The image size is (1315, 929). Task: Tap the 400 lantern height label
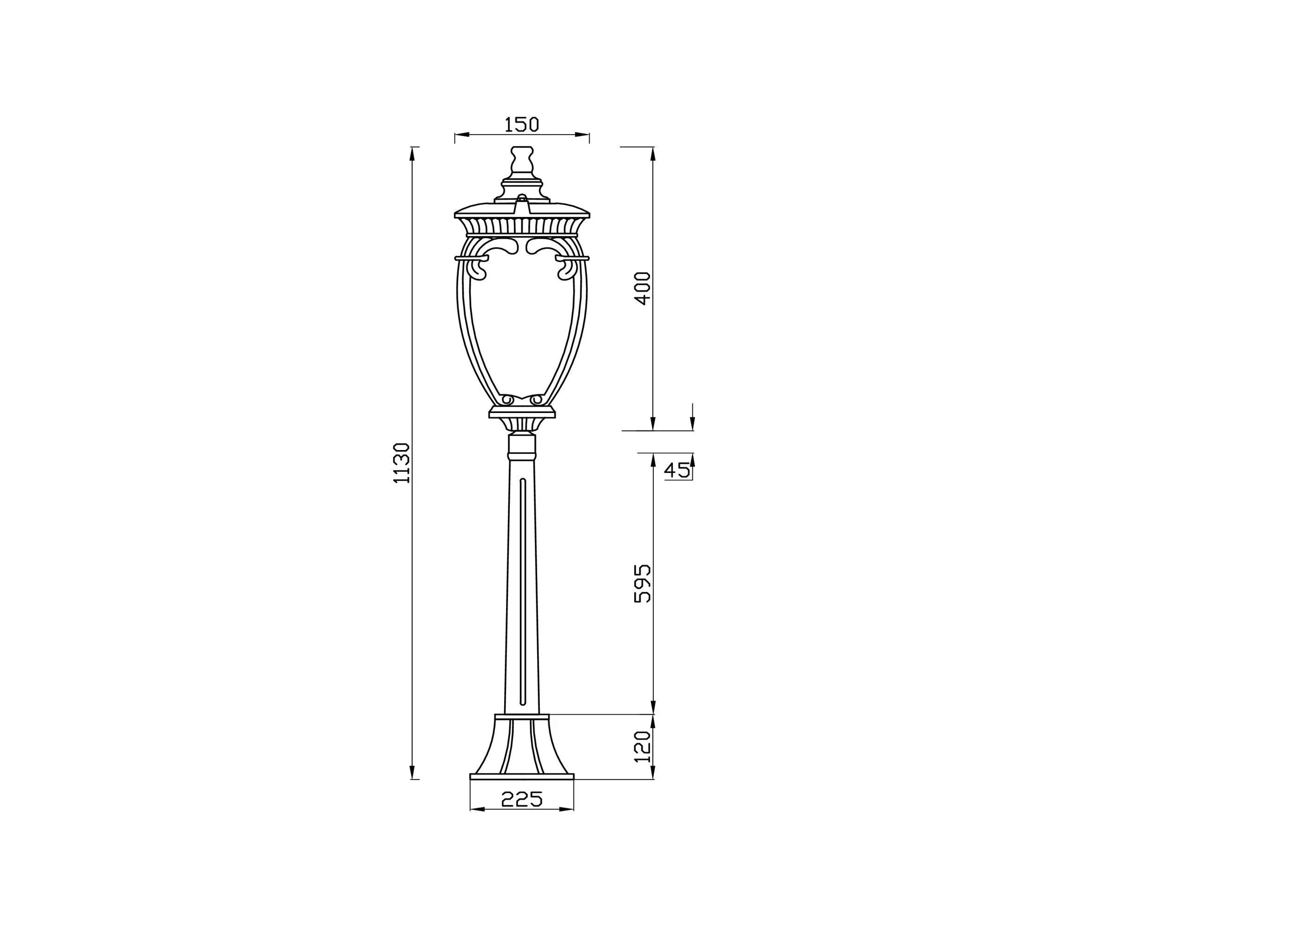(x=643, y=288)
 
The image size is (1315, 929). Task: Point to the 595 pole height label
(x=643, y=583)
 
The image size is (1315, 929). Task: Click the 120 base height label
(x=643, y=746)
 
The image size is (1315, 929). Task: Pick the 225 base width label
(x=521, y=798)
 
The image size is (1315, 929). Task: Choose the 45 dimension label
(x=677, y=470)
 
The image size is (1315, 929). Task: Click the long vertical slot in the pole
(x=522, y=592)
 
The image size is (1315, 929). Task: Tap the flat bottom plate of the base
(x=521, y=777)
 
